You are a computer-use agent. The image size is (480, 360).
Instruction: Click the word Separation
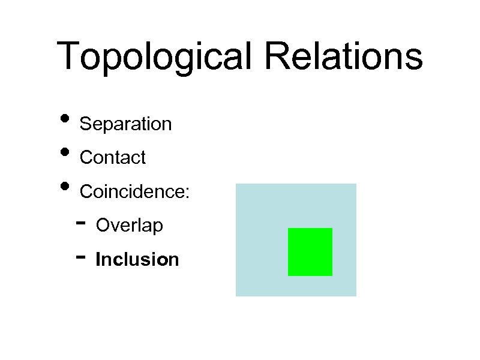[x=125, y=124]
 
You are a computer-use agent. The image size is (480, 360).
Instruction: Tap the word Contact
[x=112, y=158]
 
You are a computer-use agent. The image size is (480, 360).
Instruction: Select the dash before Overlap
[x=81, y=224]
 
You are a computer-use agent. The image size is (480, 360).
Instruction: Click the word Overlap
[x=129, y=226]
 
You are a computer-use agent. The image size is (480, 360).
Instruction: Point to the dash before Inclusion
[x=81, y=257]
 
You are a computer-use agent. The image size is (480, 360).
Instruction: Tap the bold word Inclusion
[x=137, y=260]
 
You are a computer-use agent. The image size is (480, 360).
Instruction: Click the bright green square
[x=310, y=252]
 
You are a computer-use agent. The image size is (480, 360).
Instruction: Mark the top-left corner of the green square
[x=289, y=229]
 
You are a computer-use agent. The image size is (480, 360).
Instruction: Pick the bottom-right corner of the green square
[x=332, y=275]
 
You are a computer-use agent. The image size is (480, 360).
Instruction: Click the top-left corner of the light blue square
[x=236, y=184]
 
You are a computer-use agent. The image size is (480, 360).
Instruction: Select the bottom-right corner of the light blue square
[x=356, y=296]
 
